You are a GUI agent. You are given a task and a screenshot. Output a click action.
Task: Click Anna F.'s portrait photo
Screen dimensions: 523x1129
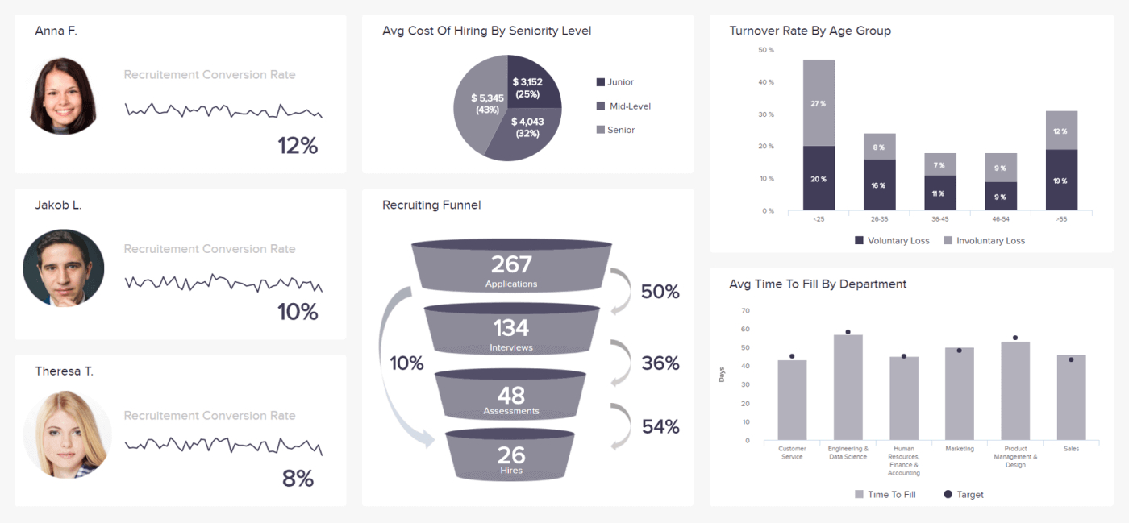click(x=63, y=95)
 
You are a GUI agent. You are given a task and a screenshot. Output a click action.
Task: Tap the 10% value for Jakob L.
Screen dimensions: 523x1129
click(x=298, y=312)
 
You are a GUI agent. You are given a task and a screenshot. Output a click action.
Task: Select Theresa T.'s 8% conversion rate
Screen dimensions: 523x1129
click(x=298, y=479)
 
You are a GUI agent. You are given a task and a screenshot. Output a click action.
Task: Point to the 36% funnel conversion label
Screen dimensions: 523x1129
click(x=660, y=363)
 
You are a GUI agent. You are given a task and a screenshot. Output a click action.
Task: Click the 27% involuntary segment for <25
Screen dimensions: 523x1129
click(x=819, y=103)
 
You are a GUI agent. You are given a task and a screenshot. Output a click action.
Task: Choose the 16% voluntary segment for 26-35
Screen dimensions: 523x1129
click(x=879, y=185)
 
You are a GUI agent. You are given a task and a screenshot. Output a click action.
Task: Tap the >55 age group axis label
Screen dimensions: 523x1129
click(x=1060, y=218)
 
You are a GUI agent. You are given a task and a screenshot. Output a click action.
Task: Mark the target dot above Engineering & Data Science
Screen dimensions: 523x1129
click(x=848, y=332)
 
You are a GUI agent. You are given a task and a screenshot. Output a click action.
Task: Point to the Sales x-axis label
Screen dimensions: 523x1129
click(x=1071, y=449)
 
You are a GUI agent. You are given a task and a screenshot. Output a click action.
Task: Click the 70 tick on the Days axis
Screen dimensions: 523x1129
click(x=745, y=311)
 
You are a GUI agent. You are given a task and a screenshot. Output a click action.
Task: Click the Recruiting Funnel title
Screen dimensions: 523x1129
click(x=431, y=205)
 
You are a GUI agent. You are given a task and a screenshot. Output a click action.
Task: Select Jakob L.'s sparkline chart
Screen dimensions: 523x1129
click(x=223, y=283)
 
